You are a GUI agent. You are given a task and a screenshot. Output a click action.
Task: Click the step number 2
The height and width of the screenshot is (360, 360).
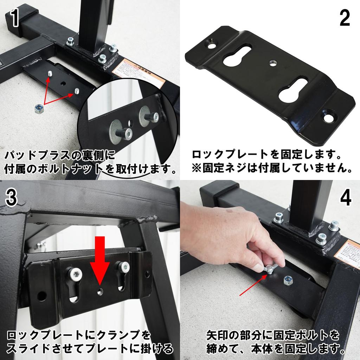tap(344, 19)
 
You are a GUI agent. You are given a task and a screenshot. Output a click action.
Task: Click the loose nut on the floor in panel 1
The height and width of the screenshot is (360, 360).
tap(40, 109)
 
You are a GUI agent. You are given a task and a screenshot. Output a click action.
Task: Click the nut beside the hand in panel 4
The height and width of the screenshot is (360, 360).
tap(289, 280)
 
